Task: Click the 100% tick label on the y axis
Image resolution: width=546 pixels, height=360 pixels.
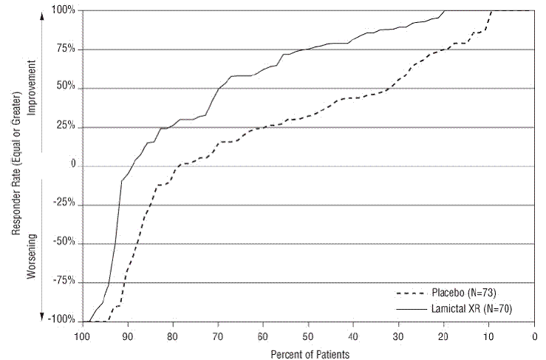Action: click(63, 10)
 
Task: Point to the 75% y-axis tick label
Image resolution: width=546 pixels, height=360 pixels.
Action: click(65, 50)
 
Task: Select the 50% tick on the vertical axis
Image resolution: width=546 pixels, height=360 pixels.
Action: click(65, 88)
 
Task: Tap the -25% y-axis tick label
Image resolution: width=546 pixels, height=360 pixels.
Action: click(64, 205)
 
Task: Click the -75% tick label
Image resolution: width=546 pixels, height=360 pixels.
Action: click(64, 282)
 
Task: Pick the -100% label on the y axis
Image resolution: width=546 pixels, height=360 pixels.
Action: click(61, 321)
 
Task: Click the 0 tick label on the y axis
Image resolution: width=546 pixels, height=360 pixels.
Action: click(72, 166)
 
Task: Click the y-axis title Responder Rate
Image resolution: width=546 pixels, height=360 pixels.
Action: click(16, 166)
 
